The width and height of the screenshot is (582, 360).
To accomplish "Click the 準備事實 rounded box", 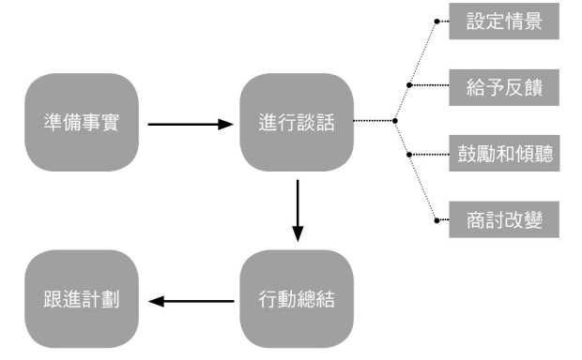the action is pyautogui.click(x=82, y=122).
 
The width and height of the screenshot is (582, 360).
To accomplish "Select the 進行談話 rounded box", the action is pyautogui.click(x=297, y=122).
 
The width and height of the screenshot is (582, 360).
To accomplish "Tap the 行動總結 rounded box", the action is pyautogui.click(x=297, y=299).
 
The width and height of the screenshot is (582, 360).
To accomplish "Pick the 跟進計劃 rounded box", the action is pyautogui.click(x=82, y=299).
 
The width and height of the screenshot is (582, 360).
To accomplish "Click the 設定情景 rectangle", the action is pyautogui.click(x=504, y=22).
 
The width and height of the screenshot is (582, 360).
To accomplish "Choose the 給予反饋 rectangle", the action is pyautogui.click(x=504, y=87).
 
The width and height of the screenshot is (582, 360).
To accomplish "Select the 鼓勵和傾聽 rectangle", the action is pyautogui.click(x=504, y=154).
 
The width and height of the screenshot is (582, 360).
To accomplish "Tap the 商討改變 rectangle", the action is pyautogui.click(x=504, y=220).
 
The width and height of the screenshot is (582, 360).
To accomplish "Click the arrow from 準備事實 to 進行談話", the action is pyautogui.click(x=191, y=124).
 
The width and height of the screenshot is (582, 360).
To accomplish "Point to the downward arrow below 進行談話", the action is pyautogui.click(x=298, y=211).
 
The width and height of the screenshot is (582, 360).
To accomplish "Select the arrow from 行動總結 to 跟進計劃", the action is pyautogui.click(x=191, y=301).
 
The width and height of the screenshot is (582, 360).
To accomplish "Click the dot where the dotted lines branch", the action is pyautogui.click(x=395, y=121).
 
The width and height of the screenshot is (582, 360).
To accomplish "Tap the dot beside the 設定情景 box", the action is pyautogui.click(x=436, y=22).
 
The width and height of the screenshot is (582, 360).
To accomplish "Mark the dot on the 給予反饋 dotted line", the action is pyautogui.click(x=409, y=85).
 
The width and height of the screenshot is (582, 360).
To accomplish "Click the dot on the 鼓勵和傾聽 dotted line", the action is pyautogui.click(x=409, y=155).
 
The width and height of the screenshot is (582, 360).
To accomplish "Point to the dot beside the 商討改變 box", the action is pyautogui.click(x=436, y=220).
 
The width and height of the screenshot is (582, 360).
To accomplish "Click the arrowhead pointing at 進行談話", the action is pyautogui.click(x=226, y=124).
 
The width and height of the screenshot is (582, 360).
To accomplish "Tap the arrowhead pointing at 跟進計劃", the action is pyautogui.click(x=156, y=301).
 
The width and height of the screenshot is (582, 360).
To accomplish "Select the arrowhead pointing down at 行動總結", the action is pyautogui.click(x=298, y=234).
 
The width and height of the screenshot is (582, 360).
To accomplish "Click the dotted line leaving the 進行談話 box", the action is pyautogui.click(x=373, y=121).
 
